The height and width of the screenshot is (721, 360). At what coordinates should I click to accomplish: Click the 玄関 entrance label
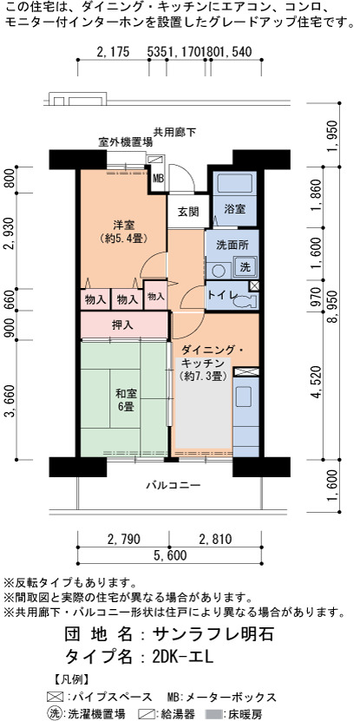tap(188, 213)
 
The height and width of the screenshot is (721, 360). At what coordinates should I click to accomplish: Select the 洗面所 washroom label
tap(232, 246)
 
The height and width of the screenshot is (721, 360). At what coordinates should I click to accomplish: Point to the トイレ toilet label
tap(221, 295)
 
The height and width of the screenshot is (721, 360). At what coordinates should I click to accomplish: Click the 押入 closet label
tap(123, 325)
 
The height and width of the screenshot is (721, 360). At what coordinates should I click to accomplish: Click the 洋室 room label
tap(124, 232)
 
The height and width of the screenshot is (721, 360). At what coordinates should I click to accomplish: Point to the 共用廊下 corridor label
tap(174, 133)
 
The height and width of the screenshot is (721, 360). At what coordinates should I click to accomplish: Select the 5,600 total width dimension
tap(170, 555)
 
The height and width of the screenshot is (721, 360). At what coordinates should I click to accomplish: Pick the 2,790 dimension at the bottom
tap(123, 539)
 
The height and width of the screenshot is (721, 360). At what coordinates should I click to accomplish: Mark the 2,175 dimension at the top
tap(114, 52)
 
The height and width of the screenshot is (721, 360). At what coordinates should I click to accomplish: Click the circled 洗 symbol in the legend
tap(56, 713)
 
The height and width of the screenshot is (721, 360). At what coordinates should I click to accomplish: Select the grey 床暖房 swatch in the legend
tap(216, 714)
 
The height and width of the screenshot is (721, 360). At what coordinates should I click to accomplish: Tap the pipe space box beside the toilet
tap(254, 285)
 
